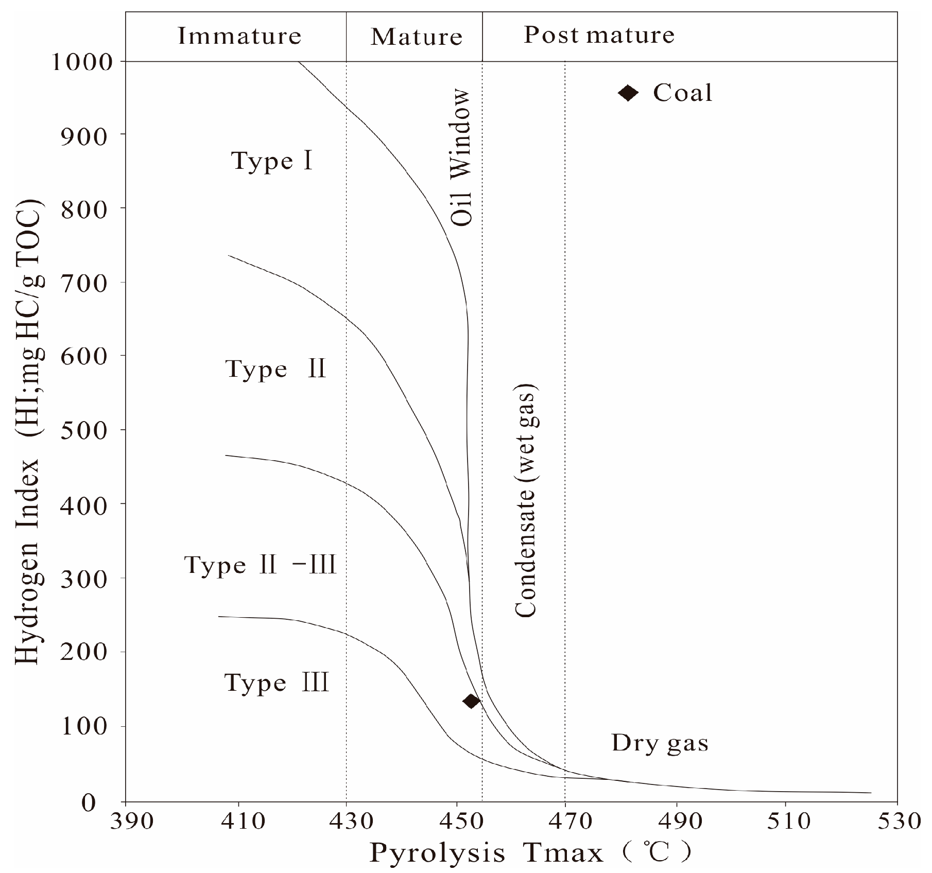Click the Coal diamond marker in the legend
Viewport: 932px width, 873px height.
[x=628, y=93]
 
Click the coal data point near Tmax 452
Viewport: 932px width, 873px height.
[x=471, y=701]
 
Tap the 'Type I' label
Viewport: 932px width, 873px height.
[x=272, y=161]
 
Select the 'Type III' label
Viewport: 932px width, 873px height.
[x=277, y=684]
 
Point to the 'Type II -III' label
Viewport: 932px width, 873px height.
[x=260, y=565]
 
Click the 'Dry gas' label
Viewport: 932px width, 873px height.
[x=660, y=743]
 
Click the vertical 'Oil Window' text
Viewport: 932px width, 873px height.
[x=461, y=158]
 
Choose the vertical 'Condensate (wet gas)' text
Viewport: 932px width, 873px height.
[x=526, y=500]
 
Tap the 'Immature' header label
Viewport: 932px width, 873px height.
[x=239, y=36]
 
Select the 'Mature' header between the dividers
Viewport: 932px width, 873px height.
[x=416, y=37]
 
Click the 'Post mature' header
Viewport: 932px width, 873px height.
[x=599, y=35]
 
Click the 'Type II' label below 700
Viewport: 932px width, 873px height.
[x=275, y=369]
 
